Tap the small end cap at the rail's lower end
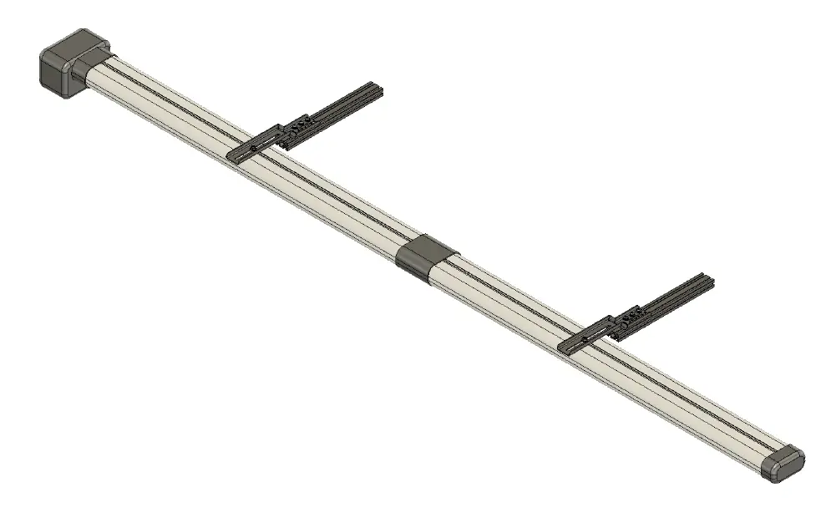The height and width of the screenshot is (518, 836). (783, 462)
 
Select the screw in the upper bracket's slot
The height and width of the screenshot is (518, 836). (254, 148)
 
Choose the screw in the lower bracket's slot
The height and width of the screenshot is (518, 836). (583, 341)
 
